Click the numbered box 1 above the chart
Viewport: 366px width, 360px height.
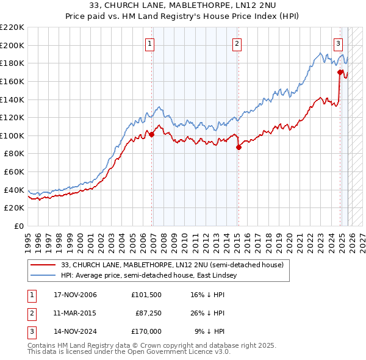pyautogui.click(x=150, y=43)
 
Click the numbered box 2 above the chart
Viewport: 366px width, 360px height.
pyautogui.click(x=237, y=43)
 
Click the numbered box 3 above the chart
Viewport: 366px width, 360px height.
pyautogui.click(x=338, y=43)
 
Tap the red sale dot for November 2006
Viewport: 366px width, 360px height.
pyautogui.click(x=151, y=135)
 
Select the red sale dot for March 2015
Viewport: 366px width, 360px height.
pyautogui.click(x=239, y=147)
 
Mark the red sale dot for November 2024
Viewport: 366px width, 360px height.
pyautogui.click(x=340, y=72)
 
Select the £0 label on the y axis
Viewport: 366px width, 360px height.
pyautogui.click(x=18, y=226)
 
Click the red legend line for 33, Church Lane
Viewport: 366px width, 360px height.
pyautogui.click(x=43, y=265)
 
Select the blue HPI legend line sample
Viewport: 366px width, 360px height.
pyautogui.click(x=43, y=276)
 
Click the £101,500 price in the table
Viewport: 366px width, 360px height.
pyautogui.click(x=146, y=295)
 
